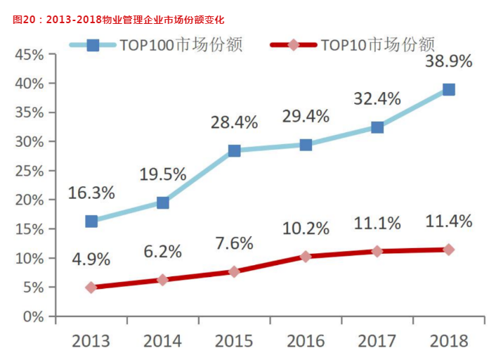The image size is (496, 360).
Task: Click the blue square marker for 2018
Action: point(448,89)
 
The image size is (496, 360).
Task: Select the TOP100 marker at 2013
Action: point(91,221)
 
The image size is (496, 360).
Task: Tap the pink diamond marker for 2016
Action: point(306,257)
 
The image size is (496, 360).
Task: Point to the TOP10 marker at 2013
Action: point(91,287)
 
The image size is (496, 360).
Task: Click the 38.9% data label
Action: point(448,60)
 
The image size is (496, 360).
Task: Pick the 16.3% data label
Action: point(91,193)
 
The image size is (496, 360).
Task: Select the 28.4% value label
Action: point(234,122)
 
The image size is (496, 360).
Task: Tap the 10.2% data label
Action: point(306,228)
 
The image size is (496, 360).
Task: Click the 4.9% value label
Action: point(91,258)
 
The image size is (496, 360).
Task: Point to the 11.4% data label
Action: point(448,221)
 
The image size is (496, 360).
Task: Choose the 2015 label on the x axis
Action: point(234,341)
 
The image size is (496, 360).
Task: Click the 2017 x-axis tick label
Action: point(377,341)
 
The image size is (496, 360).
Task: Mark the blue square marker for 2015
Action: point(234,150)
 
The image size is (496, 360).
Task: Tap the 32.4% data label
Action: point(377,98)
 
